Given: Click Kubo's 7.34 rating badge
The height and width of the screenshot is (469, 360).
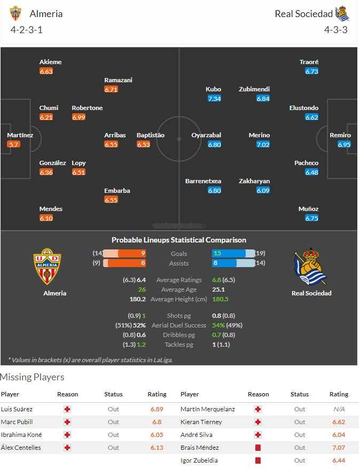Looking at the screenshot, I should tap(214, 99).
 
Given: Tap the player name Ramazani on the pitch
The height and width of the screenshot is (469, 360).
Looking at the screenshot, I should tap(118, 80).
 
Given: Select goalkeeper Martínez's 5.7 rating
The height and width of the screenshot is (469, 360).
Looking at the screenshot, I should tap(14, 145).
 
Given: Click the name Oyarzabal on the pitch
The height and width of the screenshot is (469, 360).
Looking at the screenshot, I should tap(206, 135).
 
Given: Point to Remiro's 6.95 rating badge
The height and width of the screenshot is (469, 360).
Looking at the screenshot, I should tap(345, 145).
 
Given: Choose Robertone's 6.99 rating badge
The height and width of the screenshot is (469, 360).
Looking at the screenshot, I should tap(79, 117).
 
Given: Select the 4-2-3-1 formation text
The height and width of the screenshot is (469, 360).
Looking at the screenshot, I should tap(27, 30).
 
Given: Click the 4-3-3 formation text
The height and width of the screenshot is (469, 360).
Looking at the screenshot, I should tap(335, 30).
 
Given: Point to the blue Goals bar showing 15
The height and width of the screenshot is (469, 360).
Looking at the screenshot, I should tap(229, 253).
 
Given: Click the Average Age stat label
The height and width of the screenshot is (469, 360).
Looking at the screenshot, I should tap(179, 290).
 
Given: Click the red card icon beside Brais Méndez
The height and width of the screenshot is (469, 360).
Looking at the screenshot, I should tap(258, 448).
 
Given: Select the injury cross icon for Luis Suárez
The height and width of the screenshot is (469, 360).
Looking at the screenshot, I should tap(67, 409).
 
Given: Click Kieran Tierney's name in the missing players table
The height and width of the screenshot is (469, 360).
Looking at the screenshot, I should tap(201, 422).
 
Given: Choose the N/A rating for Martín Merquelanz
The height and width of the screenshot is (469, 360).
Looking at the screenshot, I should tap(339, 409).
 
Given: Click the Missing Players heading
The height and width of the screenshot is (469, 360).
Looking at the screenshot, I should tap(32, 377).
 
